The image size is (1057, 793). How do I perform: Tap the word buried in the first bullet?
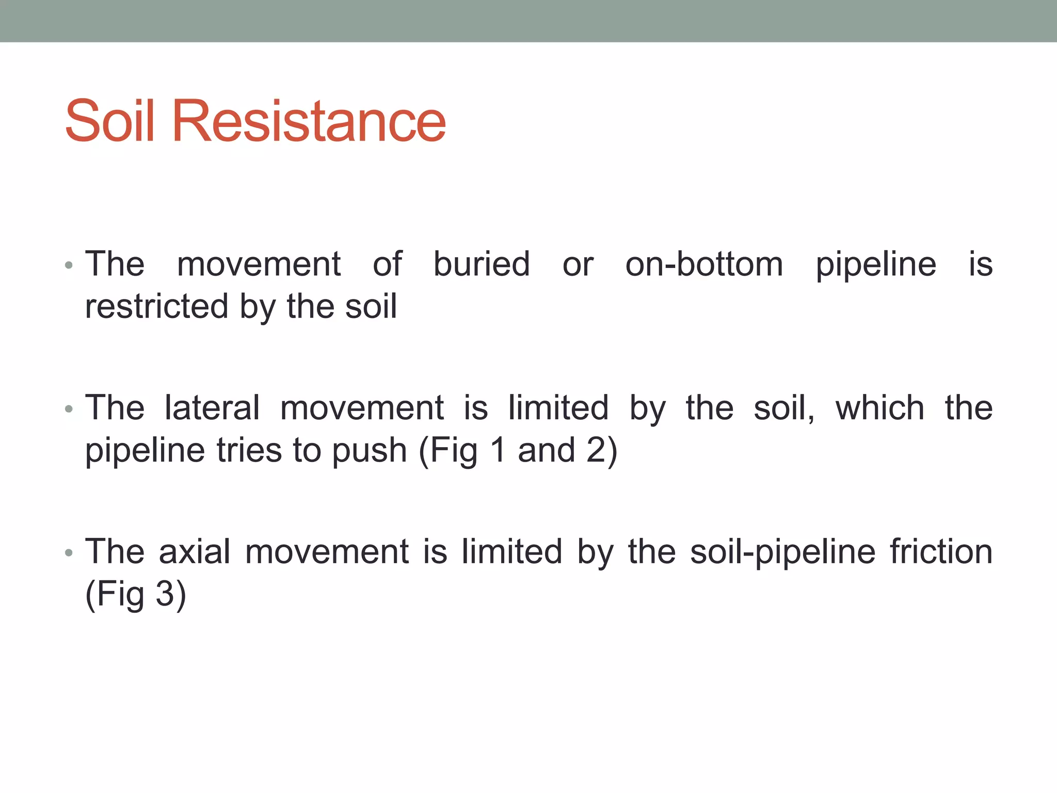pyautogui.click(x=481, y=264)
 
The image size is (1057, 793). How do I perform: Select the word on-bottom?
pyautogui.click(x=704, y=264)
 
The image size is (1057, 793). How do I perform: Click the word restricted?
pyautogui.click(x=156, y=306)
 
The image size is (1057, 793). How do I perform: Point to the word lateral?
pyautogui.click(x=212, y=407)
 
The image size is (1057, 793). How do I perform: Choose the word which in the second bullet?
pyautogui.click(x=879, y=407)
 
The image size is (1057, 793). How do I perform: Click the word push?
pyautogui.click(x=369, y=451)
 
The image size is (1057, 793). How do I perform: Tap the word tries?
pyautogui.click(x=250, y=450)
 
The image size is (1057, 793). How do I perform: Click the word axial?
pyautogui.click(x=194, y=551)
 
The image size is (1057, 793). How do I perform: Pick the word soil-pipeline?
pyautogui.click(x=782, y=552)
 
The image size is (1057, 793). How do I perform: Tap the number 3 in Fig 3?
pyautogui.click(x=165, y=594)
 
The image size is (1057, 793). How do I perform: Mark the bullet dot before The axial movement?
pyautogui.click(x=69, y=553)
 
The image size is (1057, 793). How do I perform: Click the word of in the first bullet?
pyautogui.click(x=387, y=264)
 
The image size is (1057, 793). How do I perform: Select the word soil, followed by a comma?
pyautogui.click(x=783, y=407)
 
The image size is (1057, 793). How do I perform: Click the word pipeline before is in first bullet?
pyautogui.click(x=875, y=265)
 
